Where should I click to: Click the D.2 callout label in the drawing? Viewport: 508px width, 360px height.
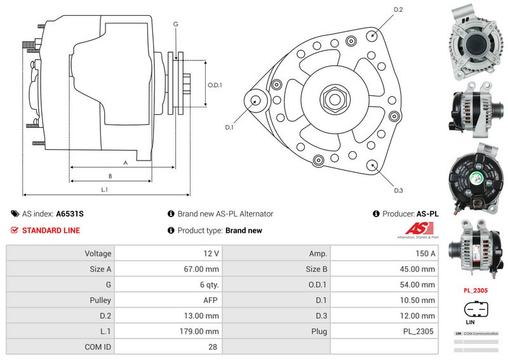click(x=399, y=10)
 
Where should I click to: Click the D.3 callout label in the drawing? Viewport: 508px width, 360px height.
click(x=399, y=190)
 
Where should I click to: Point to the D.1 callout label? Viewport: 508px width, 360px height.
click(x=229, y=127)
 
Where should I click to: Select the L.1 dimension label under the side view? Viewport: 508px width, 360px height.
click(x=105, y=189)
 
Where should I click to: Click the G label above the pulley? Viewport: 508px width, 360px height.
click(x=175, y=24)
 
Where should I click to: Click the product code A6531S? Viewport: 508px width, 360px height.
click(x=70, y=214)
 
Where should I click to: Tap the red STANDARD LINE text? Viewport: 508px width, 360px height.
click(x=51, y=230)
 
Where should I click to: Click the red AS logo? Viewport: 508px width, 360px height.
click(x=413, y=230)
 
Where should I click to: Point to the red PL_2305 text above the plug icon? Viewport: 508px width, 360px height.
click(x=476, y=290)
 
